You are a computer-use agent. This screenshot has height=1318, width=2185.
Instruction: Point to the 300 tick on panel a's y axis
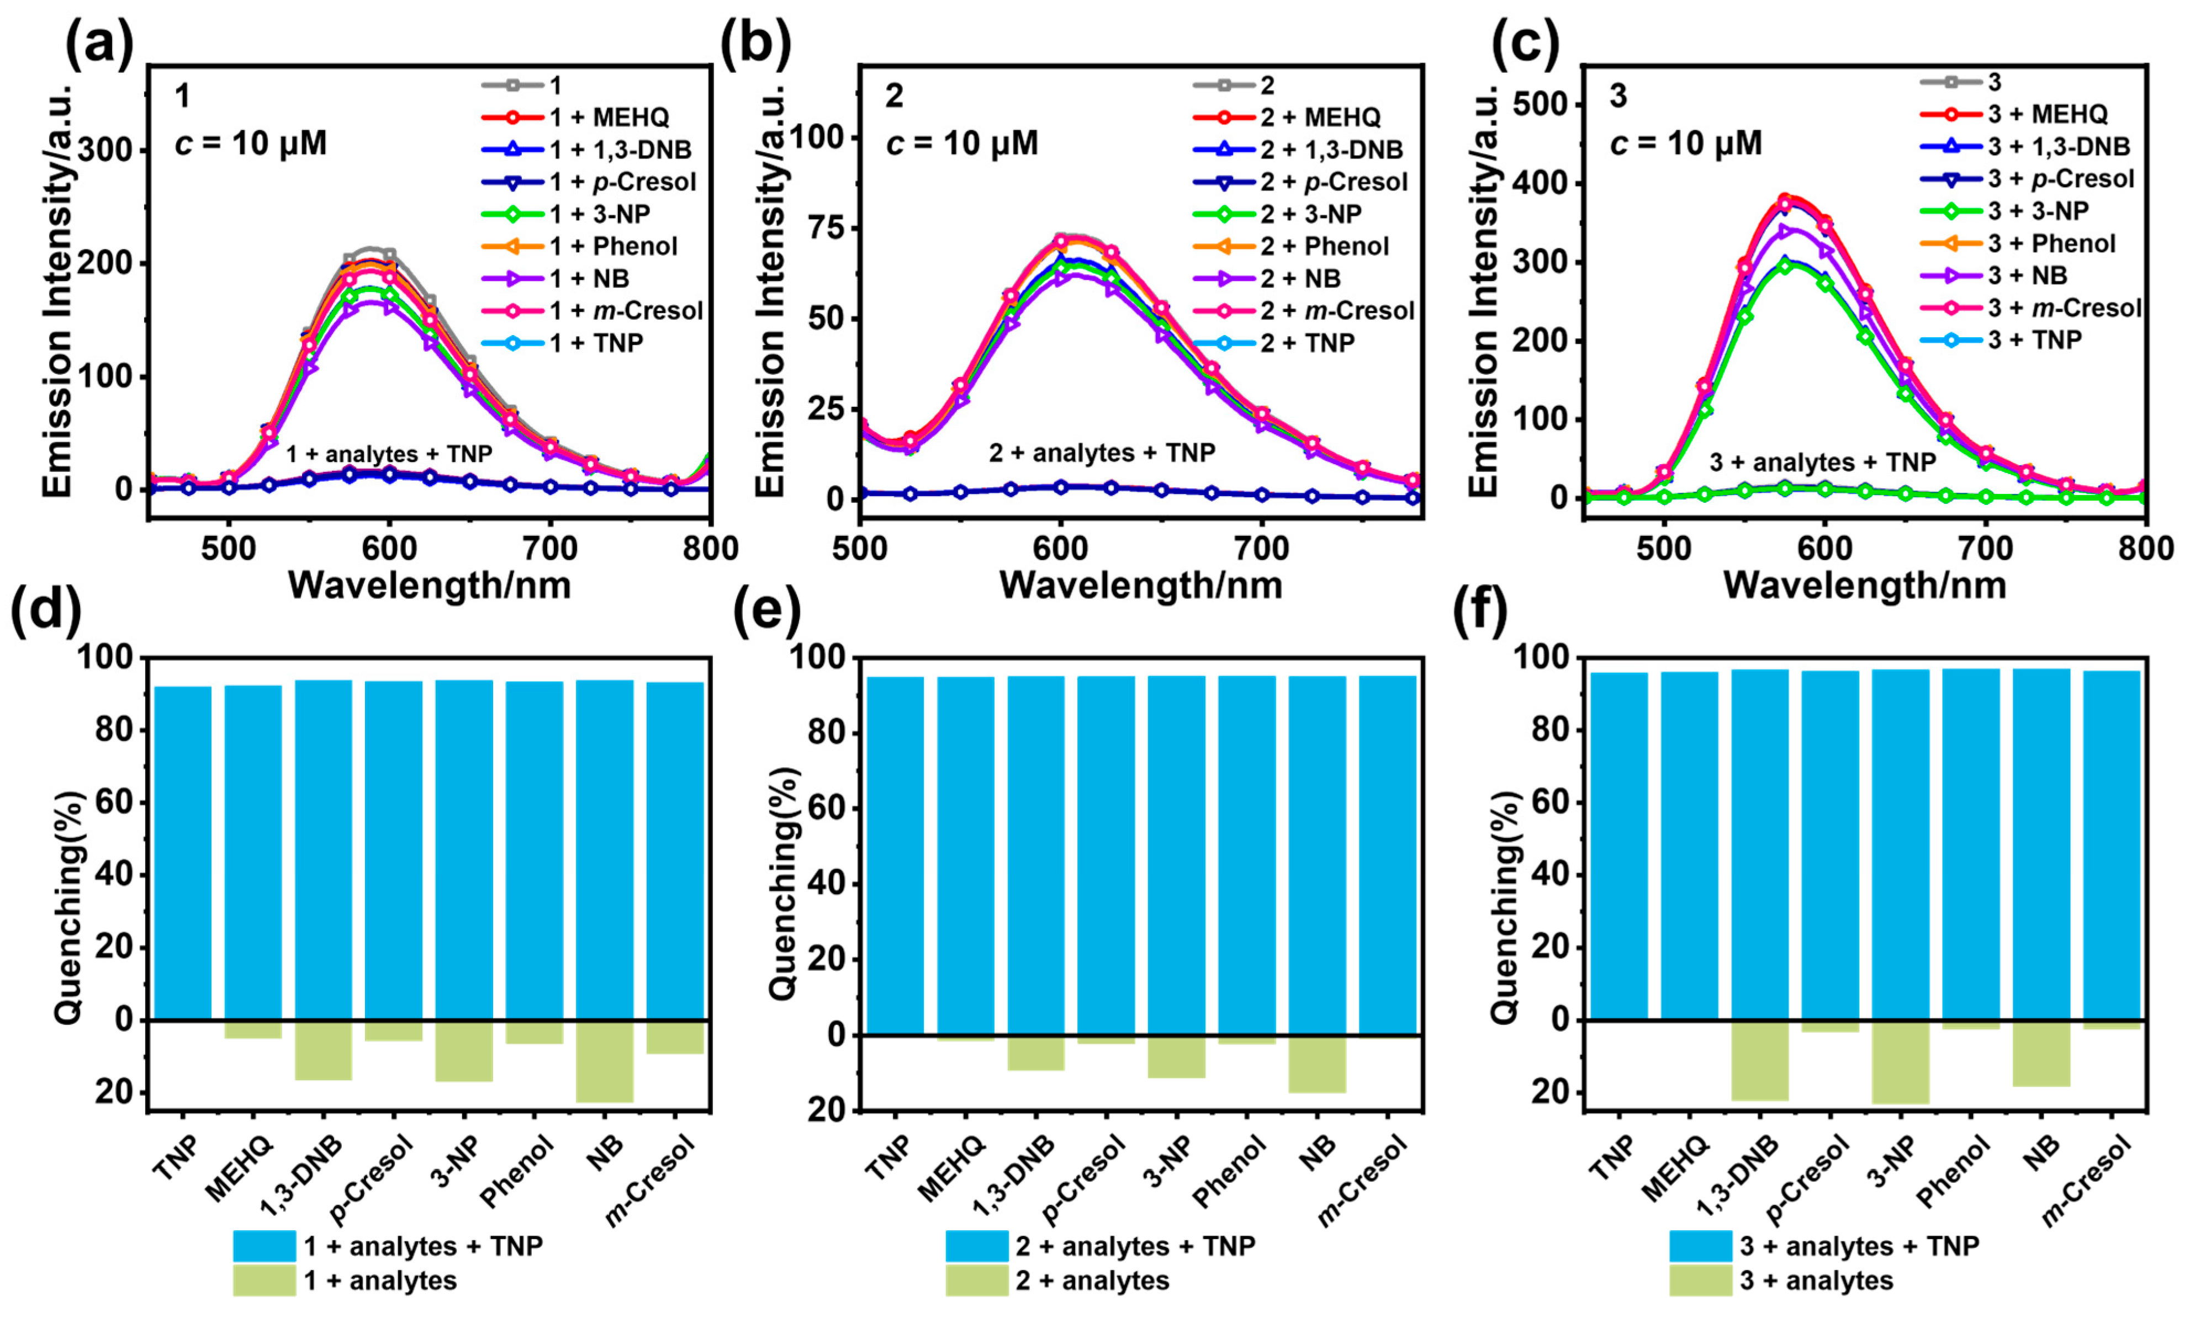click(x=111, y=151)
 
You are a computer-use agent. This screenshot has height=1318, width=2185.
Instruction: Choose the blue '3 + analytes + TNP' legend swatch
click(x=1700, y=1245)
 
